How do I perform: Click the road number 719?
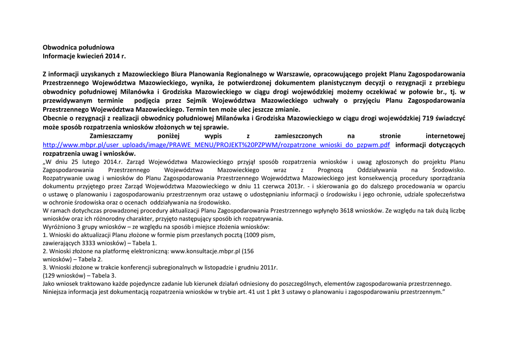(427, 118)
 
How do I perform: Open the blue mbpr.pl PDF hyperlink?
(216, 145)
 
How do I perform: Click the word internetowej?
(445, 136)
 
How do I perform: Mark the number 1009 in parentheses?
(253, 235)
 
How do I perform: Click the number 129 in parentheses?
(50, 276)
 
